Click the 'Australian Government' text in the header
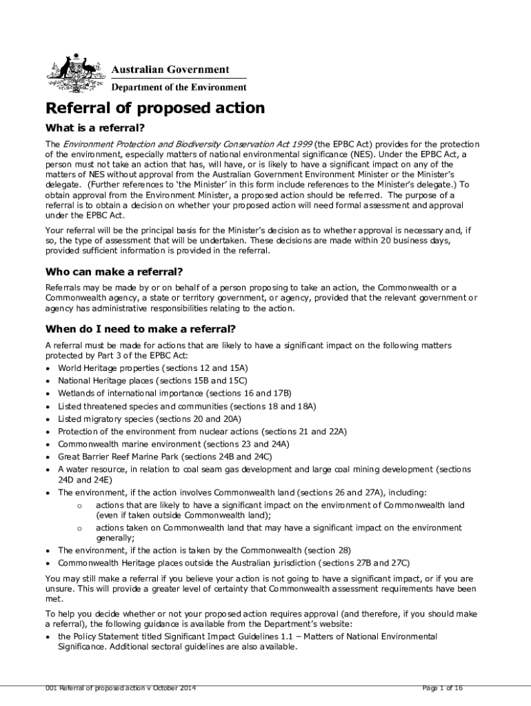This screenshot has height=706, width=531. [170, 70]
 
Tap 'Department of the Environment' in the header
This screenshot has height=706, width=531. [179, 88]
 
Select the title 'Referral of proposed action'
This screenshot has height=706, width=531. [154, 108]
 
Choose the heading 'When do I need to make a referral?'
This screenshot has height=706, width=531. [140, 328]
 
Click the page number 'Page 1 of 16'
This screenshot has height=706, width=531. [441, 689]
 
